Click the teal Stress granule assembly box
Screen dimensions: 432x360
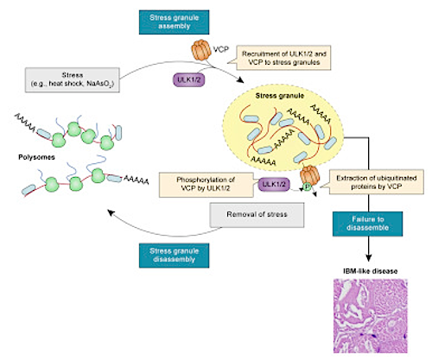[x=174, y=22]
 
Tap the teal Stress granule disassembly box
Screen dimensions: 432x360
[x=174, y=256]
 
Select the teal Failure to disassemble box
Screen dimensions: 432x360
[x=367, y=224]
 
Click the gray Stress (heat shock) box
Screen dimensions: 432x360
[x=73, y=79]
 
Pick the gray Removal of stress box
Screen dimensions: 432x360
[x=257, y=215]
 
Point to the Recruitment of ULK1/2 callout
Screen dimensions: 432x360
[x=283, y=58]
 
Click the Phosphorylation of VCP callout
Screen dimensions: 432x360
[x=206, y=185]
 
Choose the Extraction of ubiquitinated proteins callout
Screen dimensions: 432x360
[x=376, y=182]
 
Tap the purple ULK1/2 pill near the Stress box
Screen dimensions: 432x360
[x=188, y=79]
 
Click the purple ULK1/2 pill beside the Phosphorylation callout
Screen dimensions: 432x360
[x=274, y=184]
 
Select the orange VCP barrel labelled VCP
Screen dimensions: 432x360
[x=201, y=50]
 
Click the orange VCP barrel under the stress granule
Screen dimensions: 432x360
[x=310, y=175]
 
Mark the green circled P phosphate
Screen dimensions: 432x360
[x=307, y=187]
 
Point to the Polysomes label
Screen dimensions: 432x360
[x=36, y=157]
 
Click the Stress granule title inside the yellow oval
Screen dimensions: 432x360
[x=280, y=96]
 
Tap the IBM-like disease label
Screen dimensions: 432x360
[x=371, y=271]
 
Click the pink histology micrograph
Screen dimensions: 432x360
[x=371, y=316]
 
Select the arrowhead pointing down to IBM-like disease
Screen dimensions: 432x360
[x=369, y=257]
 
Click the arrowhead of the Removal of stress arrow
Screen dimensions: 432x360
[x=111, y=213]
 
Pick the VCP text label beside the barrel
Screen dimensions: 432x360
[x=221, y=49]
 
